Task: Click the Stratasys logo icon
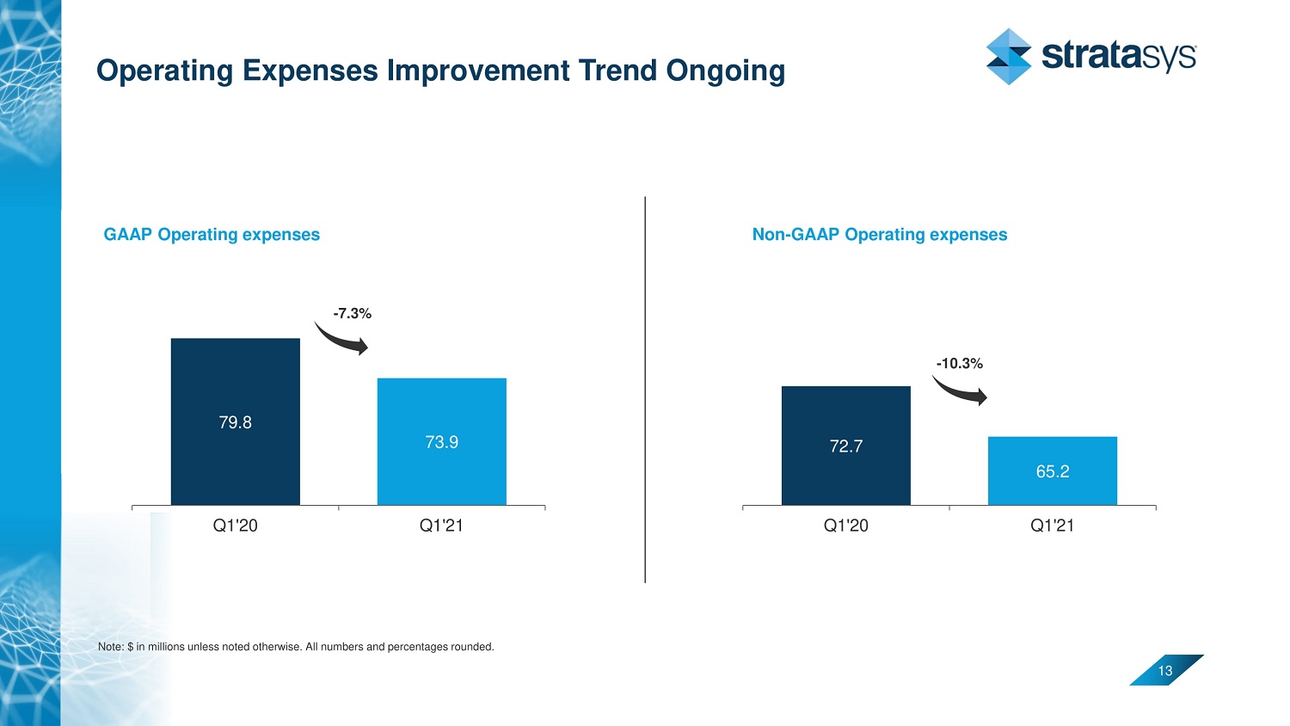click(x=1008, y=57)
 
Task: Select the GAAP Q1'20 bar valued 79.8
click(x=235, y=421)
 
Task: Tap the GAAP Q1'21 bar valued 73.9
click(x=441, y=441)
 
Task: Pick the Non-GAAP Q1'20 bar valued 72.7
click(x=845, y=446)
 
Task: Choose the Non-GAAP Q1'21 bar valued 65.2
click(x=1052, y=471)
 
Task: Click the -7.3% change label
click(x=352, y=314)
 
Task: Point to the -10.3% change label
click(x=959, y=364)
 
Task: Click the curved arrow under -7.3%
click(x=341, y=339)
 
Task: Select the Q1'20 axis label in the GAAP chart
click(x=235, y=526)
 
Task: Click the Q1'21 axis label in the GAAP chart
click(x=441, y=526)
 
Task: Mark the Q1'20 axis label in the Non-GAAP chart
click(x=845, y=526)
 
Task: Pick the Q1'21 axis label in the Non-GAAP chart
click(x=1052, y=526)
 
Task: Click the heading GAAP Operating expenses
click(x=212, y=235)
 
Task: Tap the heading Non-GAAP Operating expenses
click(x=879, y=235)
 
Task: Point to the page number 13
click(x=1165, y=671)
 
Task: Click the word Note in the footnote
click(x=110, y=647)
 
